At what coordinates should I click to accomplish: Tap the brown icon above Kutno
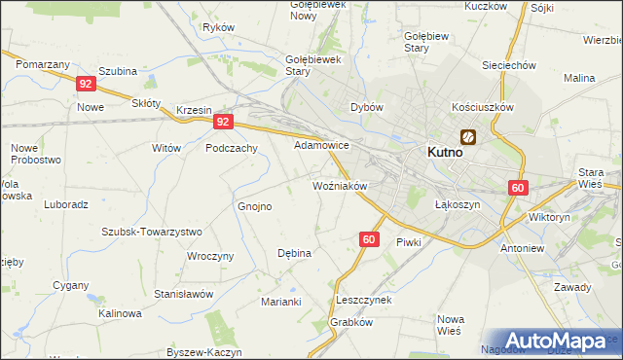[468, 137]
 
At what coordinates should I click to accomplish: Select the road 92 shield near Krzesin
[224, 123]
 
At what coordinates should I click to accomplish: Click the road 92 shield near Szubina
[86, 85]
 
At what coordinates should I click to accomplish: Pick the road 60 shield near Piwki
[368, 238]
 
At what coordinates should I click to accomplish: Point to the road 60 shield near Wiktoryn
[517, 188]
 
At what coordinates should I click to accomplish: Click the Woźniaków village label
[339, 185]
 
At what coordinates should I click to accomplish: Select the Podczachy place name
[231, 148]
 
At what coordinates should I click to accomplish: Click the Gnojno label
[255, 206]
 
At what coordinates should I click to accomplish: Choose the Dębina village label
[294, 253]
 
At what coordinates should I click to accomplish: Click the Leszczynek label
[363, 300]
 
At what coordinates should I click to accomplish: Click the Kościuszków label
[482, 107]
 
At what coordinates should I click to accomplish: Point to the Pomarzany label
[43, 63]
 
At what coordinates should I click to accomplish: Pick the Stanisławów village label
[183, 294]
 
